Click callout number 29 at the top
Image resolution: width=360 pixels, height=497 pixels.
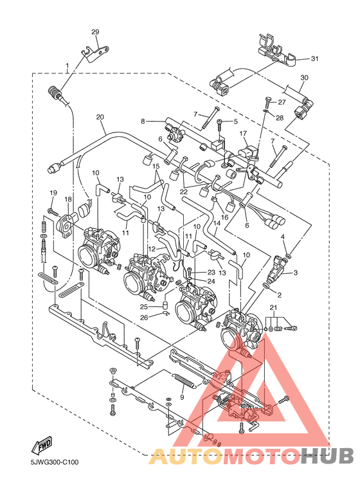95,32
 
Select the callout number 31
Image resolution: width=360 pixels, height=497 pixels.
314,59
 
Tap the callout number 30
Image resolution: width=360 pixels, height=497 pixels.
304,77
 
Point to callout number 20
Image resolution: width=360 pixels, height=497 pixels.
100,117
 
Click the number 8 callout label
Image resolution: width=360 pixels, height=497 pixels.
144,120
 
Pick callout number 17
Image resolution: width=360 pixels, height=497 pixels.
244,134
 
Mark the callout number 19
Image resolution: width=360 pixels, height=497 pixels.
53,193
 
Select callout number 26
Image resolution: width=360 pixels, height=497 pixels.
145,316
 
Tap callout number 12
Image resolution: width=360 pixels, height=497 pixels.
152,248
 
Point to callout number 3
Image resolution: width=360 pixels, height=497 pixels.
296,273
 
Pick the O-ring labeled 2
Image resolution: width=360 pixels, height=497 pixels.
266,285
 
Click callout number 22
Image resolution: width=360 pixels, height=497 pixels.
183,191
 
